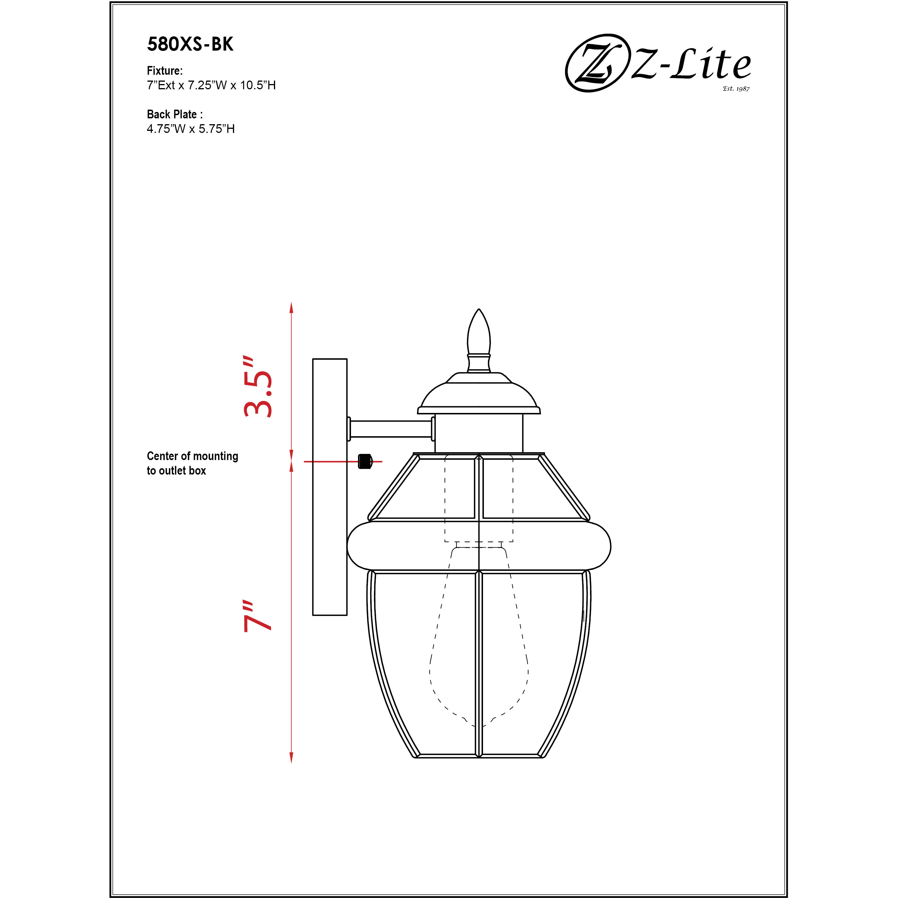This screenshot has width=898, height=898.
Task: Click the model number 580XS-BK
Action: point(190,44)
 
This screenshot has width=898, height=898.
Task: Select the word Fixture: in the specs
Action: point(165,71)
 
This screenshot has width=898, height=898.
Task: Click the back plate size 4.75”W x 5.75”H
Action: point(190,129)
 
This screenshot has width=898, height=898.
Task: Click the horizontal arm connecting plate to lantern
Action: point(391,429)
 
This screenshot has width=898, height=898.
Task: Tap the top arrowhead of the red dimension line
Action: point(291,307)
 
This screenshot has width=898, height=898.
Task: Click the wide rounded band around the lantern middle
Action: point(479,546)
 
